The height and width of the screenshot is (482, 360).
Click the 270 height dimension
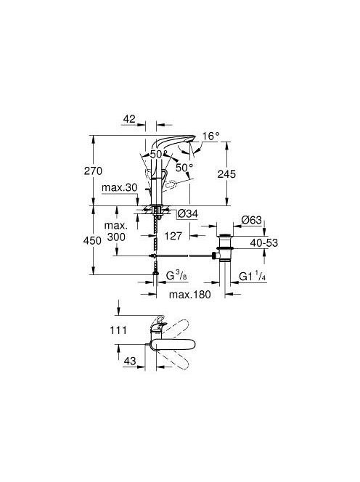pyautogui.click(x=93, y=171)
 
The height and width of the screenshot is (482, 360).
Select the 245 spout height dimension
pyautogui.click(x=226, y=174)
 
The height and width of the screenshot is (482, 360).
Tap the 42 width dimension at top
pyautogui.click(x=129, y=118)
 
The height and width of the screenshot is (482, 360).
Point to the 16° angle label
pyautogui.click(x=211, y=136)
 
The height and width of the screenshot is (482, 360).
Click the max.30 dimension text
pyautogui.click(x=119, y=187)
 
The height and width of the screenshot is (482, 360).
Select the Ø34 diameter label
pyautogui.click(x=188, y=213)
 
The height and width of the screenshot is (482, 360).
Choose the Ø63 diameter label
pyautogui.click(x=251, y=220)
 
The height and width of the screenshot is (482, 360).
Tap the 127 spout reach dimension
pyautogui.click(x=173, y=236)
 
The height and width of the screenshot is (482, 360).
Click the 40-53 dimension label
pyautogui.click(x=263, y=243)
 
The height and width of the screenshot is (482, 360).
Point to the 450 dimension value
pyautogui.click(x=92, y=241)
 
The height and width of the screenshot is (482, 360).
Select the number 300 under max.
pyautogui.click(x=116, y=237)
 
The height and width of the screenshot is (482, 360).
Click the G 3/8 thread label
pyautogui.click(x=176, y=276)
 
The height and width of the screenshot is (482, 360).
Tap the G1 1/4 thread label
pyautogui.click(x=252, y=277)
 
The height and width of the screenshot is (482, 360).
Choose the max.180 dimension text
pyautogui.click(x=190, y=295)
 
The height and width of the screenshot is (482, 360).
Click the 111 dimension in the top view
pyautogui.click(x=118, y=330)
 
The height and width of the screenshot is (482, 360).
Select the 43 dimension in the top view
pyautogui.click(x=129, y=361)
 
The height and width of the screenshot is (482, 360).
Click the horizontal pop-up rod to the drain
pyautogui.click(x=184, y=256)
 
